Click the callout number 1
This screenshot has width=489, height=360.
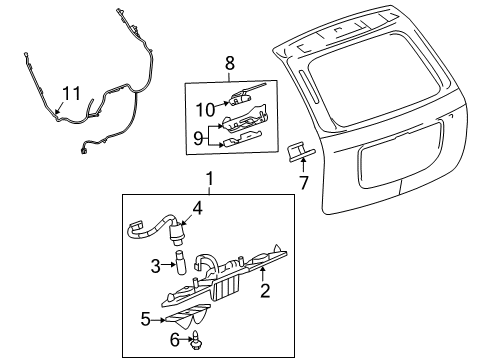click(209, 180)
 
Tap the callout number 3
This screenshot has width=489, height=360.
click(156, 265)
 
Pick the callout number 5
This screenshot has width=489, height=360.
click(145, 321)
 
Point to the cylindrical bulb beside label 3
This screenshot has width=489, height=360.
click(180, 264)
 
